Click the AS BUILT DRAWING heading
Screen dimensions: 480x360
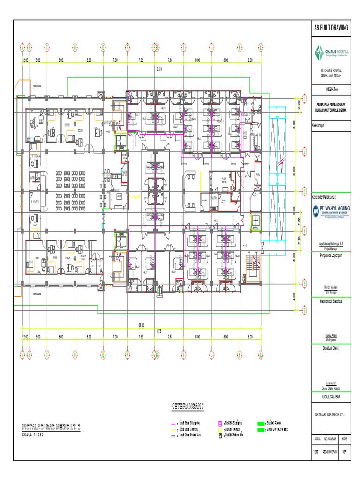click(331, 28)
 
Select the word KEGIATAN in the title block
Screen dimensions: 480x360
click(331, 89)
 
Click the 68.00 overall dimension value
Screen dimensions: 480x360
click(141, 325)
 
